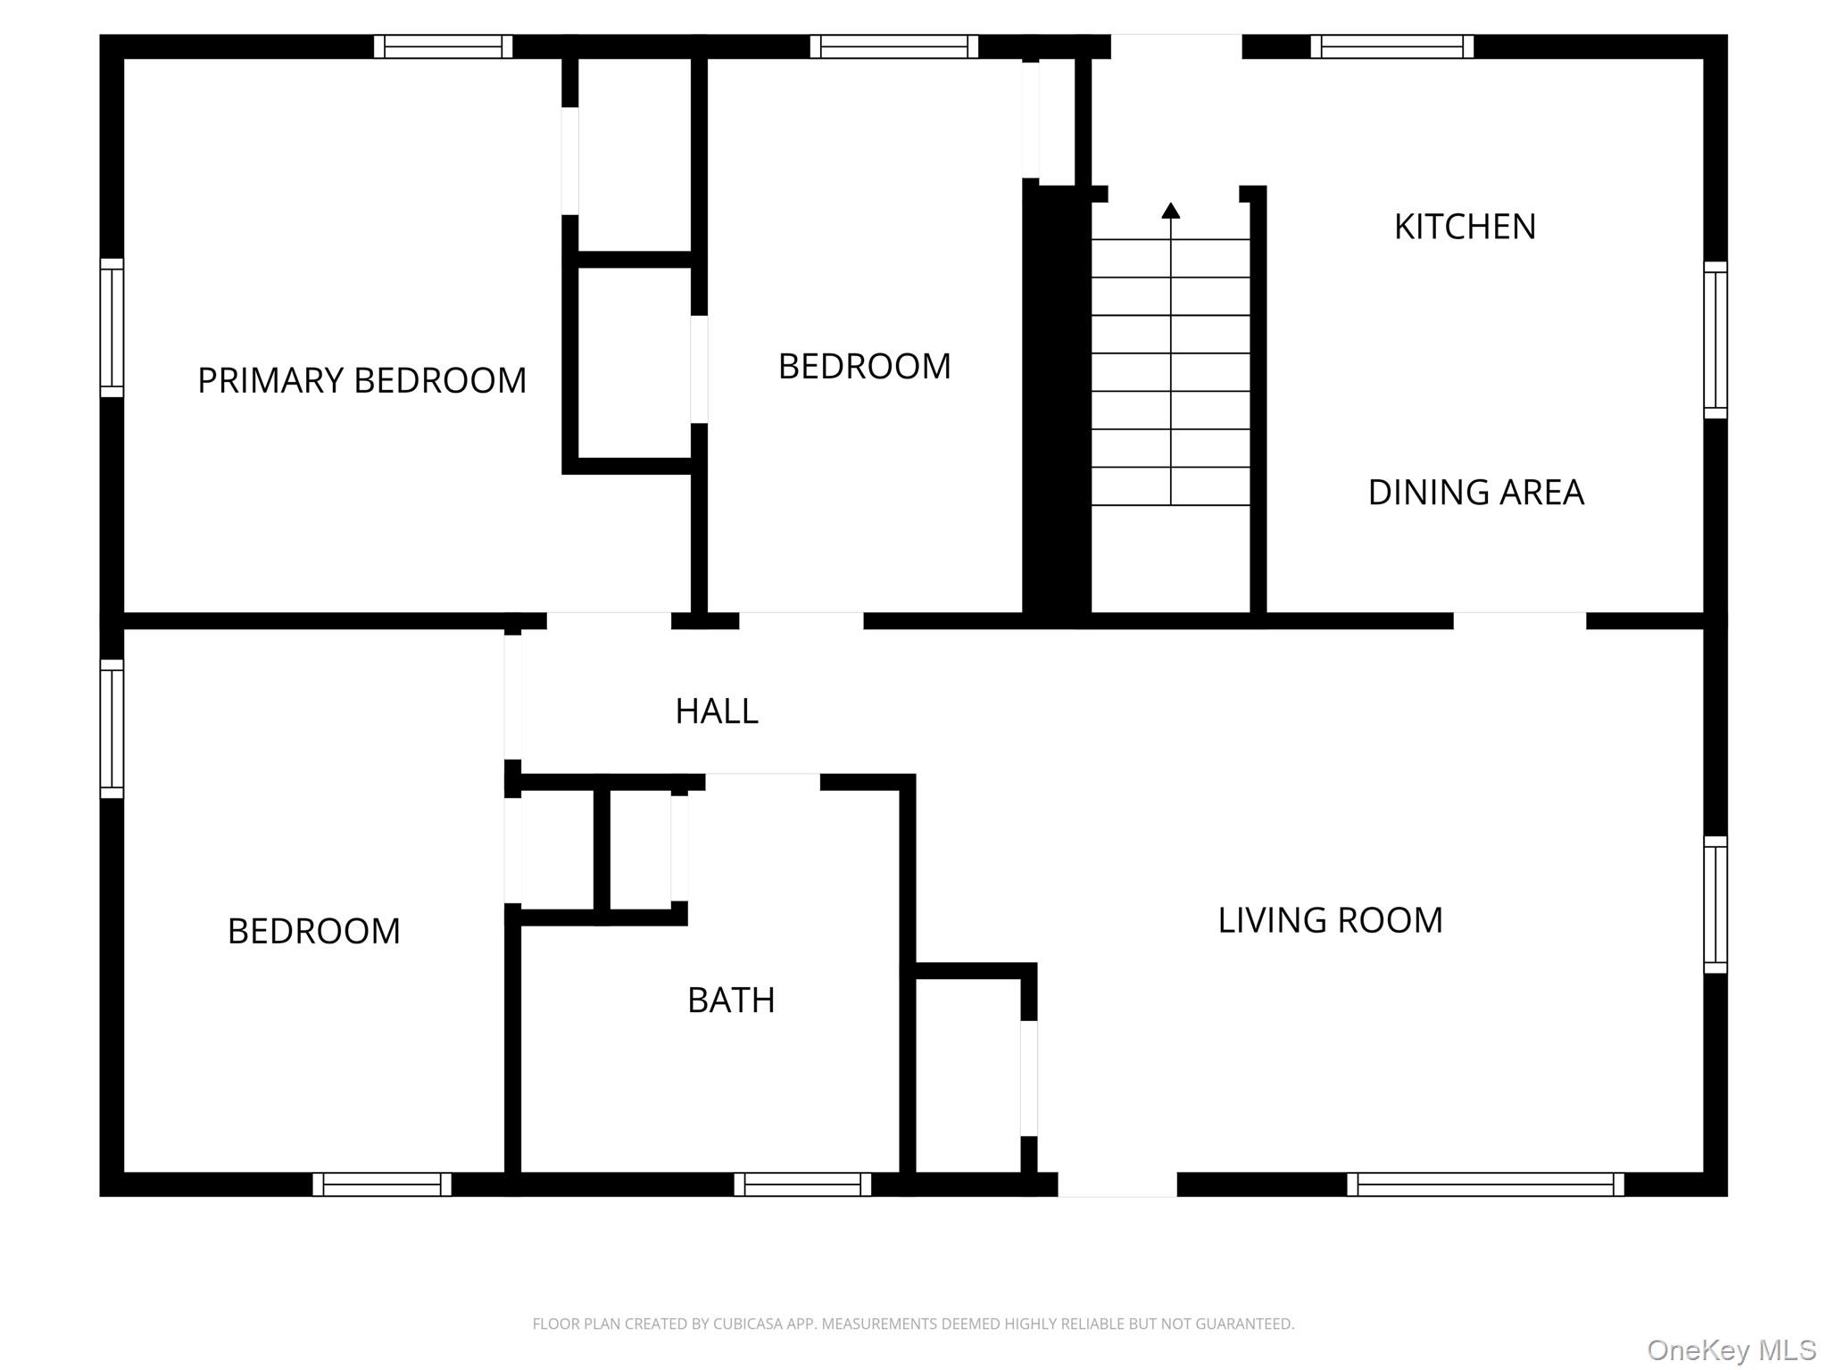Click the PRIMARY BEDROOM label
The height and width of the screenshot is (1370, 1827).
pos(361,381)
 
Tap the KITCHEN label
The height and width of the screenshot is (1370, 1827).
pos(1465,227)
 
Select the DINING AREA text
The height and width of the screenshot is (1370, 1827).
pos(1475,493)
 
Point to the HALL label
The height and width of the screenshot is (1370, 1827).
pos(717,711)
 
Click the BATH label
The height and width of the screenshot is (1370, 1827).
pos(731,1001)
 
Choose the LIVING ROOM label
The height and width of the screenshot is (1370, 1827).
pos(1330,920)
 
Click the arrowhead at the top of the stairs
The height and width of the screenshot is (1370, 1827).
pos(1171,211)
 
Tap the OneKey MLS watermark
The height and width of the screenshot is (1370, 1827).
pos(1731,1349)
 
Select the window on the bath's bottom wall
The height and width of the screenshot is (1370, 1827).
pos(802,1184)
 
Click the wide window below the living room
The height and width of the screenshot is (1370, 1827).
pos(1485,1184)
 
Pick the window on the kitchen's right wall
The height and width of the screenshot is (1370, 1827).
pos(1715,340)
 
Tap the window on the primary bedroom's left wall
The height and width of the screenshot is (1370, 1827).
pos(112,328)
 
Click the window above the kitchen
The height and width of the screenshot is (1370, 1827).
pos(1391,46)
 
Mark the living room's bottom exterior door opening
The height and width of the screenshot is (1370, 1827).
pos(1117,1184)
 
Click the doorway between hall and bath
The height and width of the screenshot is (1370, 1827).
pos(763,783)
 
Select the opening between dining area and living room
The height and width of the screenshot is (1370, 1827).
pos(1520,620)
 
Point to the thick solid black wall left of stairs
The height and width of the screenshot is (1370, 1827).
pos(1056,402)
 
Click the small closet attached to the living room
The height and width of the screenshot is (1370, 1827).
pos(968,1075)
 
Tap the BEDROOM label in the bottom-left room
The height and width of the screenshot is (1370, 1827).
pos(313,932)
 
